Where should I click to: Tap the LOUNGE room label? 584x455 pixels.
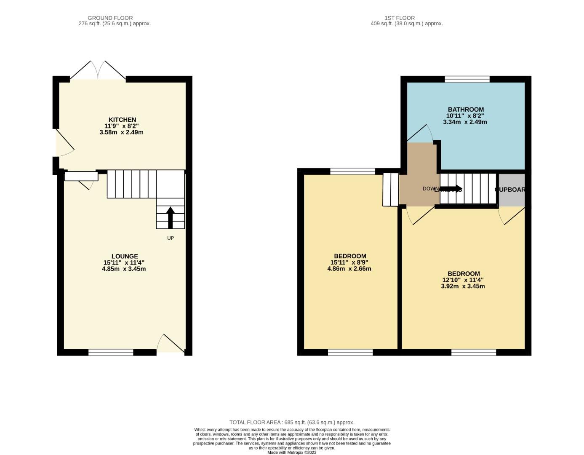(x=125, y=256)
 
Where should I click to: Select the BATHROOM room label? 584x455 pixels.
(x=465, y=110)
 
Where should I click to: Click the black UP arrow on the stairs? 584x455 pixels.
(x=171, y=217)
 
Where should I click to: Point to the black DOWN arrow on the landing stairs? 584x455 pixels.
(x=451, y=189)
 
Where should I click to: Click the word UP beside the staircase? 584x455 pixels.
(x=170, y=238)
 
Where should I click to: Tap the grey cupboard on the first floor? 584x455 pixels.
(x=512, y=190)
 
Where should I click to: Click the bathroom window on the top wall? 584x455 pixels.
(x=467, y=79)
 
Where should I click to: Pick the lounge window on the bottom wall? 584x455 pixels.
(x=111, y=352)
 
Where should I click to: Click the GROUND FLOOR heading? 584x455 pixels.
(x=110, y=18)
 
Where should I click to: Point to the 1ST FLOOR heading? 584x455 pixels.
(x=400, y=18)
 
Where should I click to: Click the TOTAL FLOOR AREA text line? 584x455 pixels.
(x=292, y=422)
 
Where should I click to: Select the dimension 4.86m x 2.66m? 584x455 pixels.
(x=349, y=269)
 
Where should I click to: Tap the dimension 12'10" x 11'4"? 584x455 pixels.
(x=463, y=280)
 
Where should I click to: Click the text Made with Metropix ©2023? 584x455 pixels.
(x=292, y=452)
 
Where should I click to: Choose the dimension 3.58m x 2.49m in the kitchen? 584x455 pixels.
(x=121, y=132)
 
